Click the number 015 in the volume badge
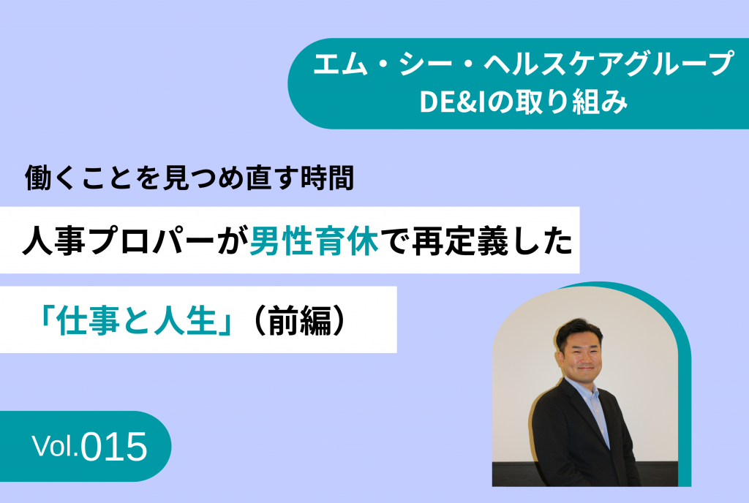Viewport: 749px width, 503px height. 113,447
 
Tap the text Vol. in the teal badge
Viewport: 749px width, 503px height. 55,445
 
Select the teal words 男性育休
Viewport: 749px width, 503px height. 314,241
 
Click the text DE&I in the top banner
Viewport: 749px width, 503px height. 452,102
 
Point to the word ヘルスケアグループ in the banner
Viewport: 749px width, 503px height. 609,64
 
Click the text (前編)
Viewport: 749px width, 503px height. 300,320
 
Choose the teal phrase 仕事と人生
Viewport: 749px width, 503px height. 137,320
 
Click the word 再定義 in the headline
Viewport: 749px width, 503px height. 459,241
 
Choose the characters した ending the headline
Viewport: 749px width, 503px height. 541,241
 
